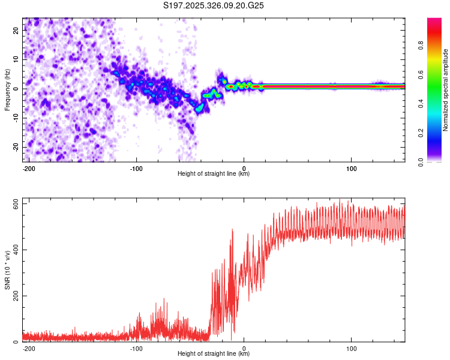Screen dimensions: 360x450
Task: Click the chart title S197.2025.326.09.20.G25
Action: tap(214, 5)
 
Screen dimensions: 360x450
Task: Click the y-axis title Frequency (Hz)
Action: tap(8, 89)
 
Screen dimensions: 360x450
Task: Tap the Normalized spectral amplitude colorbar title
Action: tap(446, 89)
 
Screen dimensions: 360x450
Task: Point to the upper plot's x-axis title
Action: tap(214, 173)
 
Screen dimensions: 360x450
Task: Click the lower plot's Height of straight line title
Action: tap(214, 353)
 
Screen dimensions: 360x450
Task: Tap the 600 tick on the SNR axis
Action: tap(14, 205)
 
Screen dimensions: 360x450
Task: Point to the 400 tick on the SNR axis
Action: tap(14, 250)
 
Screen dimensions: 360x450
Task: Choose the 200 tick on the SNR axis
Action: tap(14, 296)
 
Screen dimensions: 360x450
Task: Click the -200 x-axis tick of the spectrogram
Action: tap(28, 167)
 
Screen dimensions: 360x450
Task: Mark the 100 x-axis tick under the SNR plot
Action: tap(351, 347)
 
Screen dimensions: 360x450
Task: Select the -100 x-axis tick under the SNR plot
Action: tap(136, 347)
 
